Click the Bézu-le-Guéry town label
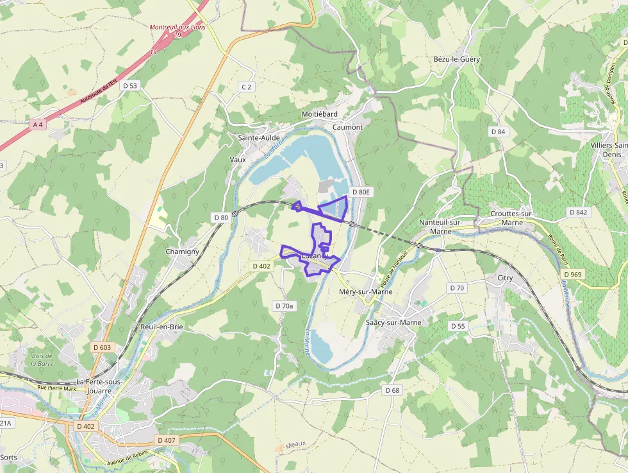pos(456,59)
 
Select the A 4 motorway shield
pos(38,125)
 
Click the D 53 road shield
pos(129,85)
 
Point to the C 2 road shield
pos(247,86)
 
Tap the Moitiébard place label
pos(319,114)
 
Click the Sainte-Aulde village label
pos(259,137)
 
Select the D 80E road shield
pos(361,191)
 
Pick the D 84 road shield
pos(498,132)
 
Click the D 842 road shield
pos(579,212)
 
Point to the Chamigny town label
pos(183,252)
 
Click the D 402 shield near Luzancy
pos(261,266)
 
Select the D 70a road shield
pos(284,306)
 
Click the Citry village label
pos(505,278)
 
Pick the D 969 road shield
pos(574,275)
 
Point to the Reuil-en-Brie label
pos(161,327)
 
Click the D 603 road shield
pos(102,347)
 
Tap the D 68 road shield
pos(393,390)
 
